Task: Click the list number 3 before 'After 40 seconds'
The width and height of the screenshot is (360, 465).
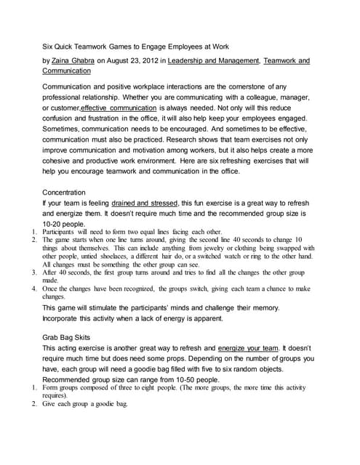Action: [x=34, y=272]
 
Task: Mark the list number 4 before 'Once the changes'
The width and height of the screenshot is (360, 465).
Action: [x=34, y=288]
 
